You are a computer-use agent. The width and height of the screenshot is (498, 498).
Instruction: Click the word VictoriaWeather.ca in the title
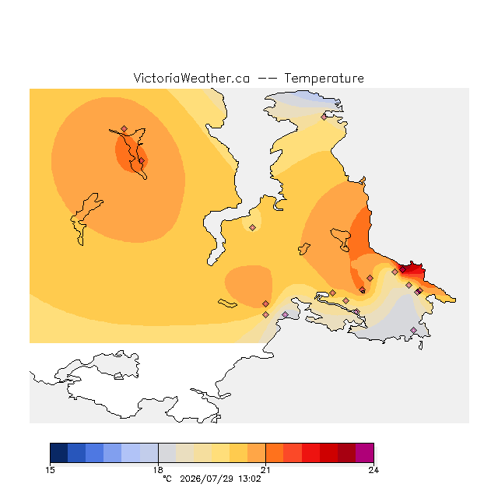[191, 78]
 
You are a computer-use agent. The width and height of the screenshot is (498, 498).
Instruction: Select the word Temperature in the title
[324, 78]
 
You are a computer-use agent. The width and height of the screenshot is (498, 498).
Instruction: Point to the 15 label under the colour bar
[50, 470]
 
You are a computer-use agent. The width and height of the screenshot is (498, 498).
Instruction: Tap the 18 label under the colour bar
[158, 470]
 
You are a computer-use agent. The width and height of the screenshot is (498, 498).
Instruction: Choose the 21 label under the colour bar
[265, 470]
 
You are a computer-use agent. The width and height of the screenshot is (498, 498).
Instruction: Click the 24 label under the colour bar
[373, 470]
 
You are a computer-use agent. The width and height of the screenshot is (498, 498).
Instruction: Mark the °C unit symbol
[167, 479]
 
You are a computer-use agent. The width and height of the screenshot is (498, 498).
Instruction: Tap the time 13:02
[250, 479]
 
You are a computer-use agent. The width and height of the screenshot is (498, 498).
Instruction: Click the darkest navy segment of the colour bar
[59, 453]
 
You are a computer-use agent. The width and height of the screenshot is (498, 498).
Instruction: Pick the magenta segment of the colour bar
[365, 453]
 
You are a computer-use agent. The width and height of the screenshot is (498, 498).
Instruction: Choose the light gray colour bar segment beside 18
[167, 453]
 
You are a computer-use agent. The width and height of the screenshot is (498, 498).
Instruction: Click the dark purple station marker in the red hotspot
[403, 270]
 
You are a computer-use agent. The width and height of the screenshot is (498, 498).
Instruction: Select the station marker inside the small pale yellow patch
[252, 227]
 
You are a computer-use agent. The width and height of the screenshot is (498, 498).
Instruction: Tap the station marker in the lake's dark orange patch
[142, 161]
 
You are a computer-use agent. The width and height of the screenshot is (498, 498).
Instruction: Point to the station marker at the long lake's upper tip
[124, 128]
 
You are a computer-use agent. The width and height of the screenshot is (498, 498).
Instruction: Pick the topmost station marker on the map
[324, 117]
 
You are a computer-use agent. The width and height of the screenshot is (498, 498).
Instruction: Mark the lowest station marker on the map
[413, 330]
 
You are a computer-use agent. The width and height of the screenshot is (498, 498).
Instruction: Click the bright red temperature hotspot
[412, 269]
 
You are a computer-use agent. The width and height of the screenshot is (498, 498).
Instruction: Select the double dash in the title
[267, 79]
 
